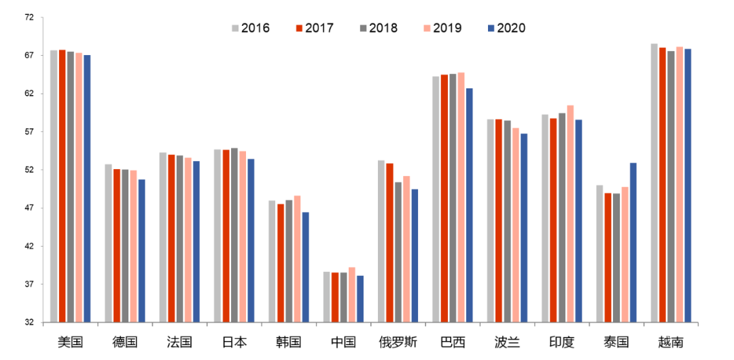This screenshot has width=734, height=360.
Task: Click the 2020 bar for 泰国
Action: coord(633,242)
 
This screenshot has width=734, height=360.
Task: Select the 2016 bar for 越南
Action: coord(654,183)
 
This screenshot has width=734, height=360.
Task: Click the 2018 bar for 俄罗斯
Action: coord(398,252)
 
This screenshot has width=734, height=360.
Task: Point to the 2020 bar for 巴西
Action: coord(469,205)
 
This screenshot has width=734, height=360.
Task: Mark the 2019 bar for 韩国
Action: coord(297,259)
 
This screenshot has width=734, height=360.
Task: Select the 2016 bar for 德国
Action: coord(108,243)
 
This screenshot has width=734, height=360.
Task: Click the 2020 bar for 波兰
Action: coord(524,228)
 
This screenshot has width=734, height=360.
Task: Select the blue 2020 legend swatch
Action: coord(491,28)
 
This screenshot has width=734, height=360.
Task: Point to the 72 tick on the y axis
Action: coord(29,17)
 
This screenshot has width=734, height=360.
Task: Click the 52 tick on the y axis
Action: coord(29,170)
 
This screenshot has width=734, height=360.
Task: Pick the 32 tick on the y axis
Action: coord(29,322)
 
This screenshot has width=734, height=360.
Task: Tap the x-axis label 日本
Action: coord(234,342)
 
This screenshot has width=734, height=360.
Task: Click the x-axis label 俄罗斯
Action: coord(398,342)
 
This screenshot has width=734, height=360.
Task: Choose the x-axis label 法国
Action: coord(179,342)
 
